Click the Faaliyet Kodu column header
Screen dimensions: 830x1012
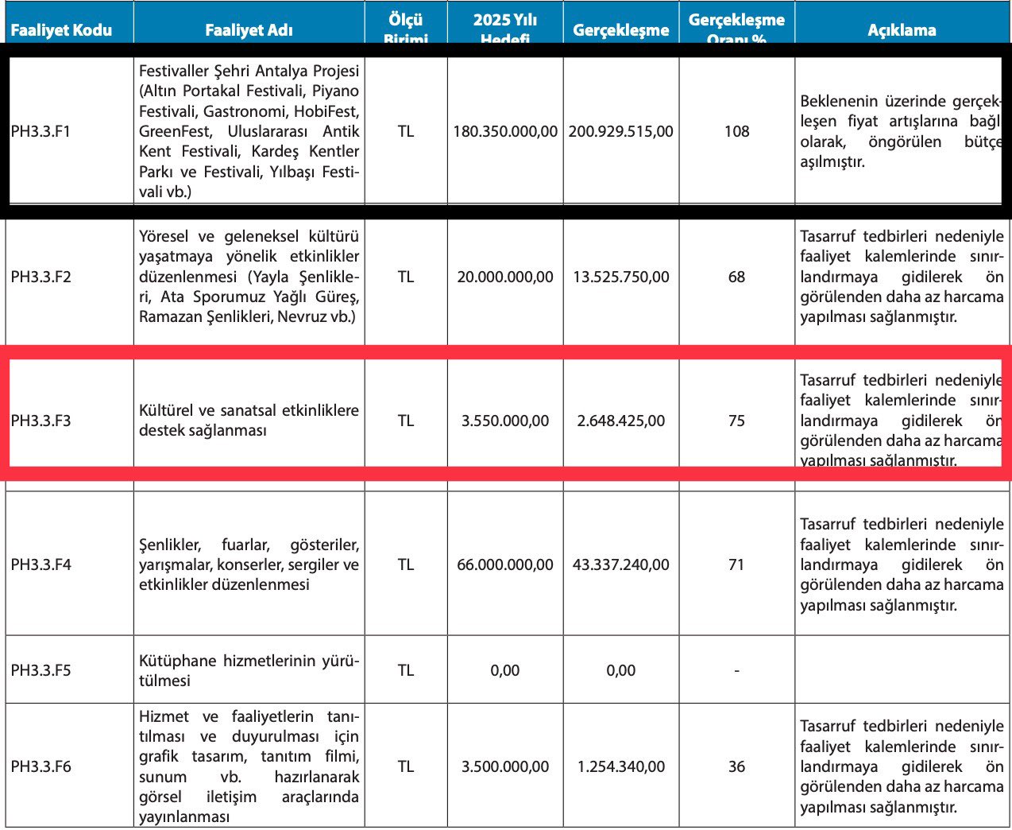pos(61,30)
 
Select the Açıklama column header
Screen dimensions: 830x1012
pos(902,30)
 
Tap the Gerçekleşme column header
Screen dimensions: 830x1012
pos(620,30)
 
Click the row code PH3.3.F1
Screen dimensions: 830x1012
pos(41,131)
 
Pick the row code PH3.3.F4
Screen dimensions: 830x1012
pos(41,564)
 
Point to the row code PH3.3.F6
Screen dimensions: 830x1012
pos(41,766)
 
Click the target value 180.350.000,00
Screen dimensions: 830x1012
pos(505,131)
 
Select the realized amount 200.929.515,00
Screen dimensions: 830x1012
pos(620,131)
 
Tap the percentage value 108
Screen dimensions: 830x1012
pos(736,131)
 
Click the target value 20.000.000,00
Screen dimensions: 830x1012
pos(505,277)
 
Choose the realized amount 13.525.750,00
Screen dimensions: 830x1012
pos(620,277)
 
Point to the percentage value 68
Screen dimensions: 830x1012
pos(736,277)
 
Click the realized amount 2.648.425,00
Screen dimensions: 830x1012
pos(620,421)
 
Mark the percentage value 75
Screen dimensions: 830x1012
pos(736,421)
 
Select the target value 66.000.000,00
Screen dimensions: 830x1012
pos(505,564)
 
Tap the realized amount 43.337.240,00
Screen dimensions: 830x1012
pos(620,564)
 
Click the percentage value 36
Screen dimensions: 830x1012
pos(736,766)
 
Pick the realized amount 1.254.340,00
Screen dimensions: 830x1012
pos(620,766)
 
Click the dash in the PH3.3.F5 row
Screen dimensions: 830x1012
pos(736,671)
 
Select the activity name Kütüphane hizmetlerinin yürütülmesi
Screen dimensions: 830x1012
pos(249,671)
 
